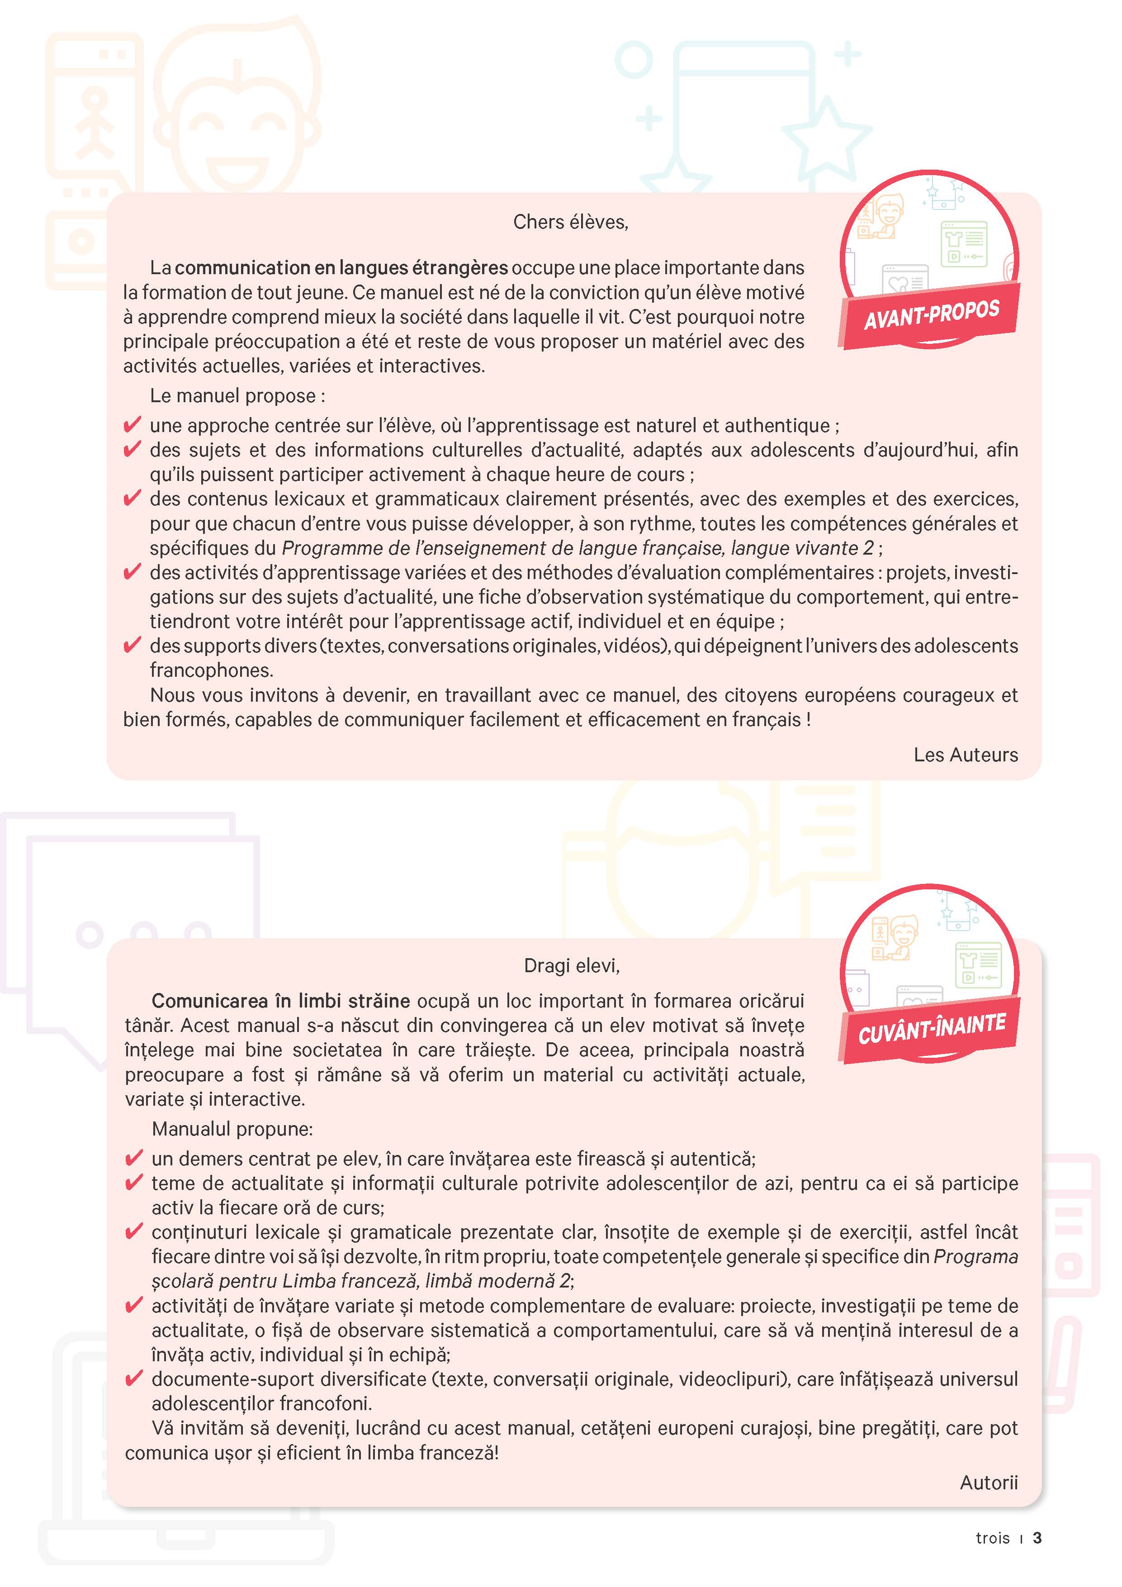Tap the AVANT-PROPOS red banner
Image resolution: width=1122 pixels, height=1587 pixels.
tap(931, 314)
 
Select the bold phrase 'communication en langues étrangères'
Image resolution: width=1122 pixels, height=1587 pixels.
tap(341, 267)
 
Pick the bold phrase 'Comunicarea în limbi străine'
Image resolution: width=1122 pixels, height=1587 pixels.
tap(280, 1001)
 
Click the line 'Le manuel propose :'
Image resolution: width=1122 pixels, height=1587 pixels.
tap(237, 395)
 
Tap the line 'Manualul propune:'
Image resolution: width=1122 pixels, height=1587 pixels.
tap(232, 1129)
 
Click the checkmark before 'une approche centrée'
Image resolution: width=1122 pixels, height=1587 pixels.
tap(132, 424)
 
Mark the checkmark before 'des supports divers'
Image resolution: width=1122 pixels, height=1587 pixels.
tap(132, 645)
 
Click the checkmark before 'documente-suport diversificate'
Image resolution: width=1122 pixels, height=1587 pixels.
tap(133, 1378)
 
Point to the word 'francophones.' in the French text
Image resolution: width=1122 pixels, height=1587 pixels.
tap(211, 670)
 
